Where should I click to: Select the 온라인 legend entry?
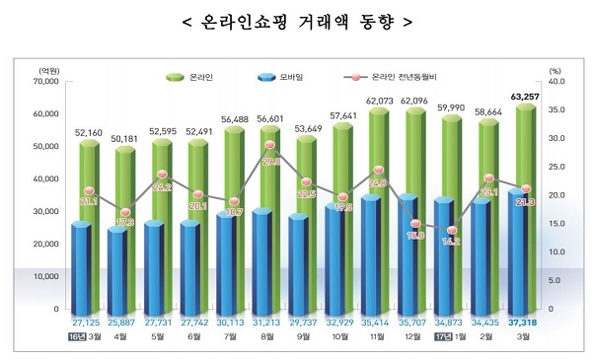click(192, 76)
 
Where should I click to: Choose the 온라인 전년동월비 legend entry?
click(395, 76)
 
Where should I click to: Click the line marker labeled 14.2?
click(453, 231)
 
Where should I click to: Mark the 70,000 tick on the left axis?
click(46, 83)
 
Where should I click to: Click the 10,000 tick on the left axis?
click(46, 277)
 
